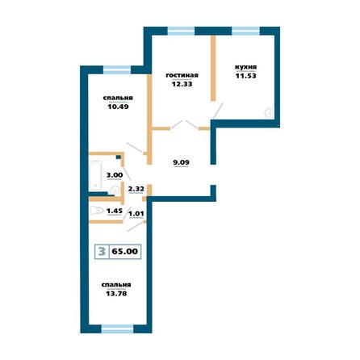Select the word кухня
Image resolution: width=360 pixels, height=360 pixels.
pyautogui.click(x=245, y=67)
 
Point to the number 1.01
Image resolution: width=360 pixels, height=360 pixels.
pyautogui.click(x=136, y=215)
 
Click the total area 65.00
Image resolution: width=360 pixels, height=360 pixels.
pyautogui.click(x=126, y=251)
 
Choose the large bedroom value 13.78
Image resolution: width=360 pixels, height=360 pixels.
pyautogui.click(x=116, y=295)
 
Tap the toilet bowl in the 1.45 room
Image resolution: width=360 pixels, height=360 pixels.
pyautogui.click(x=98, y=211)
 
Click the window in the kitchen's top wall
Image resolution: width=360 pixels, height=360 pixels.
pyautogui.click(x=246, y=31)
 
